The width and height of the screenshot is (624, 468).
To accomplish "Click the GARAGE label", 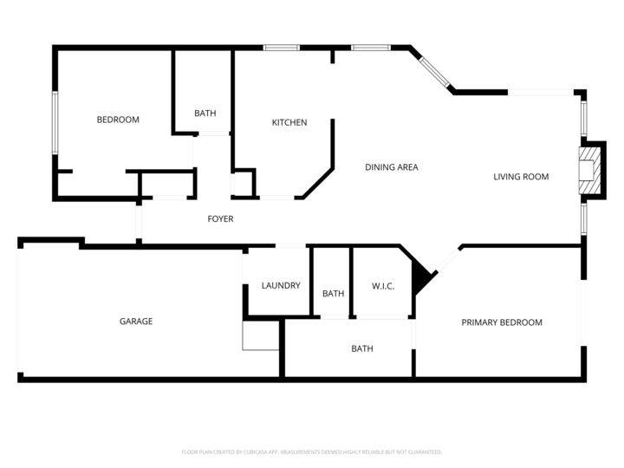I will click(x=136, y=322).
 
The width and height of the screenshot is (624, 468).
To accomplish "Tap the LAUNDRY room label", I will click(x=281, y=285).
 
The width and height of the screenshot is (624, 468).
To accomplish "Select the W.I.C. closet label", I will click(x=383, y=285).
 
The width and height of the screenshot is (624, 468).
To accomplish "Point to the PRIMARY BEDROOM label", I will click(x=501, y=322).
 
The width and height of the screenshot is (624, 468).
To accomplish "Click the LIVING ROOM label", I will click(x=521, y=177).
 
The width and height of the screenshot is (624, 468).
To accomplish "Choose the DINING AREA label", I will click(x=391, y=167).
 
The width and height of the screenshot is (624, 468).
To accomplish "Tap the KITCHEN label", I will click(x=289, y=122).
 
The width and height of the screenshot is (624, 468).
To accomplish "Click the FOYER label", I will click(x=220, y=219).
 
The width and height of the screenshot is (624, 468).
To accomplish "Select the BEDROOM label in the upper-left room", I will click(x=118, y=120).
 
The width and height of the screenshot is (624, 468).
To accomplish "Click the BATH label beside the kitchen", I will click(x=205, y=114).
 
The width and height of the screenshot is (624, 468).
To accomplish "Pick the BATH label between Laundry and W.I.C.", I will click(x=333, y=294).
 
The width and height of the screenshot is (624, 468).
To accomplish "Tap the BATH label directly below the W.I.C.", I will click(x=362, y=349).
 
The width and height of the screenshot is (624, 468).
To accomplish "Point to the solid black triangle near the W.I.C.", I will click(x=421, y=277).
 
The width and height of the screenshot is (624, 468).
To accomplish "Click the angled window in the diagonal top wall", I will click(x=435, y=73).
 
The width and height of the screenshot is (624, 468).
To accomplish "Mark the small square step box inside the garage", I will click(x=260, y=335).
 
